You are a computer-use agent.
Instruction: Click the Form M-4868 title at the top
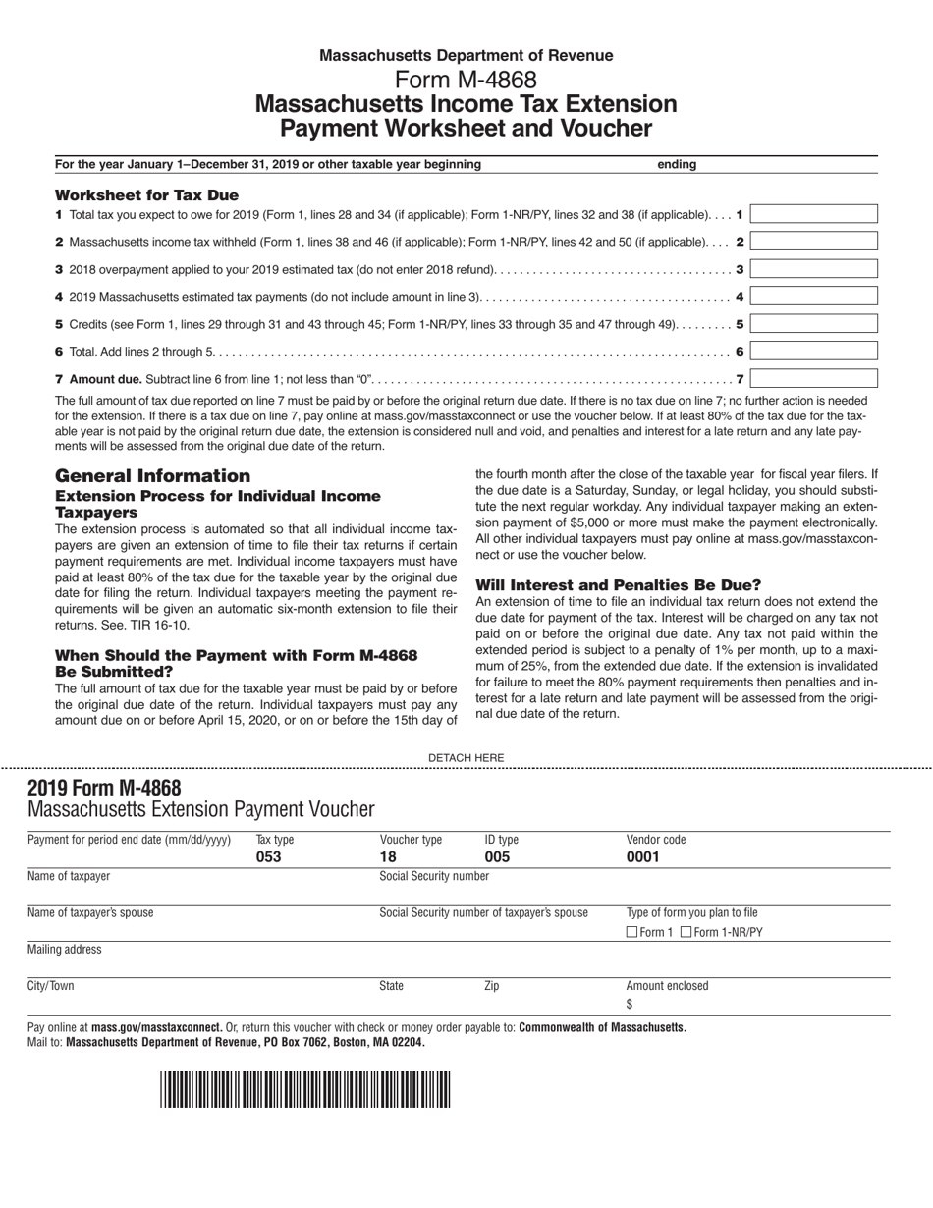466,80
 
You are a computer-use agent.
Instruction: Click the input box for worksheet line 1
814,214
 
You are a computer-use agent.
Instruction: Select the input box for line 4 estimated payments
814,296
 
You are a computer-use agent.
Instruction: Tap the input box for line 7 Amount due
814,378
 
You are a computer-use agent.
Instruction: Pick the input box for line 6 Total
814,351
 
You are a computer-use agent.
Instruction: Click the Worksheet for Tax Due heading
146,195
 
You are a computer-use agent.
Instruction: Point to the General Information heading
152,475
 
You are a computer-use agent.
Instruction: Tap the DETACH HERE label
466,757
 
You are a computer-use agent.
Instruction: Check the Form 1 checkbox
632,932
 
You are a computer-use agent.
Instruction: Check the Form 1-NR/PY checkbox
686,932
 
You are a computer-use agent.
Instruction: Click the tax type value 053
268,856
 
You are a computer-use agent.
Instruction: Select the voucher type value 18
388,856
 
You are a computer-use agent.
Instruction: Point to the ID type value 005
498,856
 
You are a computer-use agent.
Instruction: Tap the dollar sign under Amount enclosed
630,1004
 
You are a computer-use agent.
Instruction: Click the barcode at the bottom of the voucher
304,1089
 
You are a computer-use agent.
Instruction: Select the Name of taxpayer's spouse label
90,912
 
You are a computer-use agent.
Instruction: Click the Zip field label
492,986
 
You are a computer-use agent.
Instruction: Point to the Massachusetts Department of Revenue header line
466,56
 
